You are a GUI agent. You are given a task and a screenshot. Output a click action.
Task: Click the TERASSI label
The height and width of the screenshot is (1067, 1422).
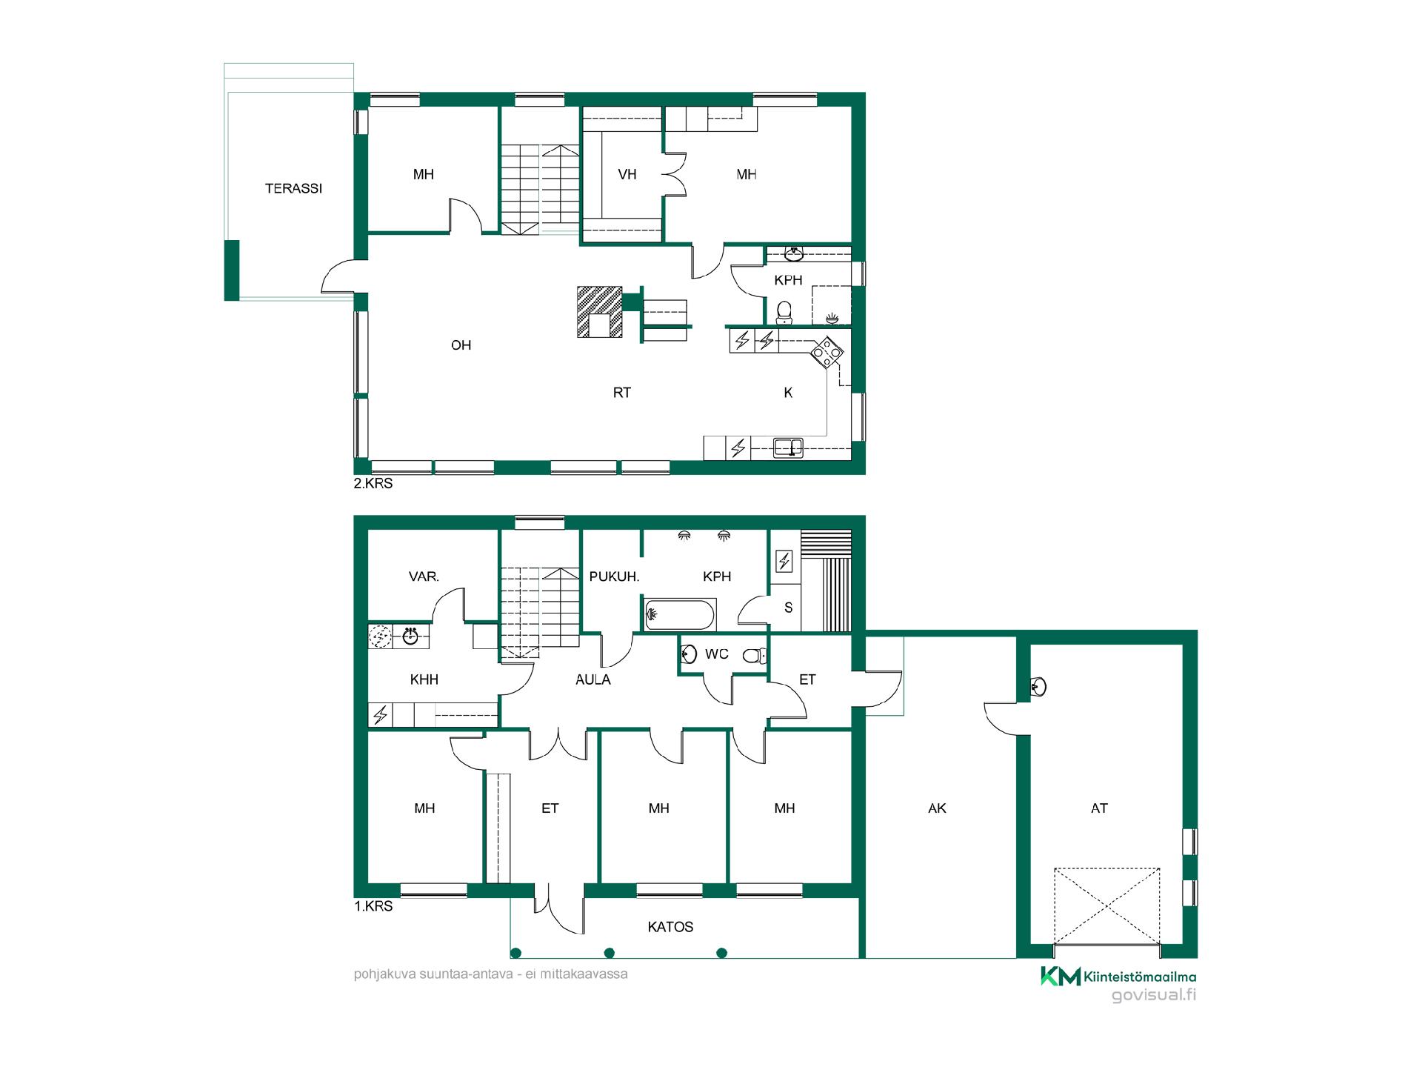[293, 188]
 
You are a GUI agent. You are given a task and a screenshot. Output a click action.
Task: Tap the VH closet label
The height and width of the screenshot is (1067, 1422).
[627, 175]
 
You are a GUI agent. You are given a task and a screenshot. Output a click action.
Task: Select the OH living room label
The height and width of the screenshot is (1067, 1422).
[461, 345]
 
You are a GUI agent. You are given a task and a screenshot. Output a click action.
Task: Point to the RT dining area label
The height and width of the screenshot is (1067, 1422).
[621, 393]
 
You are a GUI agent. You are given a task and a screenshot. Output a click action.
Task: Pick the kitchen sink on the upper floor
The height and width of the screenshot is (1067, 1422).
[788, 448]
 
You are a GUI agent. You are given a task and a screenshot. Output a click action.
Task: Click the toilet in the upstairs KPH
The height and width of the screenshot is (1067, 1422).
[784, 312]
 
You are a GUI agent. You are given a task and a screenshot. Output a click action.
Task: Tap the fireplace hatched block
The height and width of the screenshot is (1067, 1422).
[600, 312]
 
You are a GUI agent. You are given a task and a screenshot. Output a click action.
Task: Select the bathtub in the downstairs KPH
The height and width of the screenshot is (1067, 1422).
[680, 614]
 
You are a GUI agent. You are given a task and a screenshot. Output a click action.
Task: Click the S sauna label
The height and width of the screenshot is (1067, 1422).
[788, 608]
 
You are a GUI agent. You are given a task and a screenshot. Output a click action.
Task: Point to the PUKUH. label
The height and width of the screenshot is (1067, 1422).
[614, 576]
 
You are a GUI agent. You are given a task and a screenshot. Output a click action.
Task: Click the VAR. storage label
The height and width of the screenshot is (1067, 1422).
[424, 576]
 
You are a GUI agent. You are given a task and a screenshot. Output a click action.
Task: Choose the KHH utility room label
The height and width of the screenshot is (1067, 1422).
[424, 679]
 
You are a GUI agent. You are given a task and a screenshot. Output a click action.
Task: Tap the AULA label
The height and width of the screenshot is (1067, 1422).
[592, 679]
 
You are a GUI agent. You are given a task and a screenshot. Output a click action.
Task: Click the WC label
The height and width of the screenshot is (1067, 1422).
[717, 654]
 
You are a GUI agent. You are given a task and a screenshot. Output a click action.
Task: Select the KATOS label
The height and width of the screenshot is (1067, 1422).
[670, 927]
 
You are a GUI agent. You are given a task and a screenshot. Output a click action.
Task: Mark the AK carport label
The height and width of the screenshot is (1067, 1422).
[937, 808]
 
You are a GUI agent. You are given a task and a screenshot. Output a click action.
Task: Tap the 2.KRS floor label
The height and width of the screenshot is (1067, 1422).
[373, 484]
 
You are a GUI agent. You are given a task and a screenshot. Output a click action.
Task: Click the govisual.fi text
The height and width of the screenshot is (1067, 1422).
[1154, 996]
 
